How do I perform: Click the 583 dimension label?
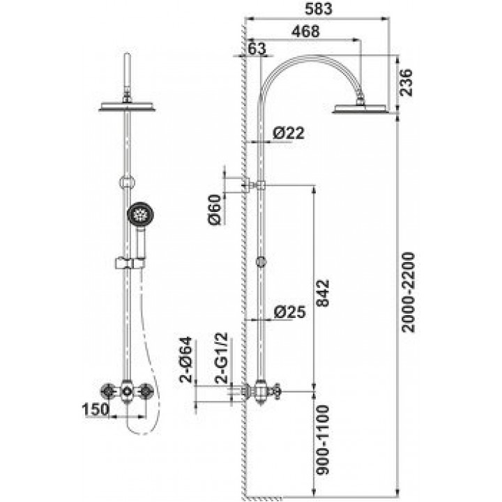[x=318, y=9]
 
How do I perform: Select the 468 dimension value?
[x=306, y=31]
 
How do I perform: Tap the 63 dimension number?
[x=257, y=49]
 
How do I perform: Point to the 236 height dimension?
[x=406, y=82]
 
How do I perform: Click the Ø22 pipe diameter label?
[x=289, y=133]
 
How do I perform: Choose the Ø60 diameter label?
[x=215, y=209]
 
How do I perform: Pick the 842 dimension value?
[x=323, y=293]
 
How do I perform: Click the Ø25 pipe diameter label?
[x=290, y=312]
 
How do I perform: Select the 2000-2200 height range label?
[x=409, y=293]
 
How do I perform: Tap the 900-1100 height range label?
[x=323, y=440]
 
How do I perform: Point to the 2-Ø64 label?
[x=186, y=360]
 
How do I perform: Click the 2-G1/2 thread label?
[x=222, y=358]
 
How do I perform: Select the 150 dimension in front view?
[x=96, y=409]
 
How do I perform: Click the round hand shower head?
[x=140, y=214]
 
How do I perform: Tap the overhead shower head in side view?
[x=360, y=108]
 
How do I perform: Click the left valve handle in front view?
[x=108, y=391]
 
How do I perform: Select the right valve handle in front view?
[x=146, y=391]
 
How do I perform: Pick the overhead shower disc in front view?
[x=127, y=107]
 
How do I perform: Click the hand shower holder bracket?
[x=130, y=263]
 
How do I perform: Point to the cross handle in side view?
[x=275, y=390]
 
